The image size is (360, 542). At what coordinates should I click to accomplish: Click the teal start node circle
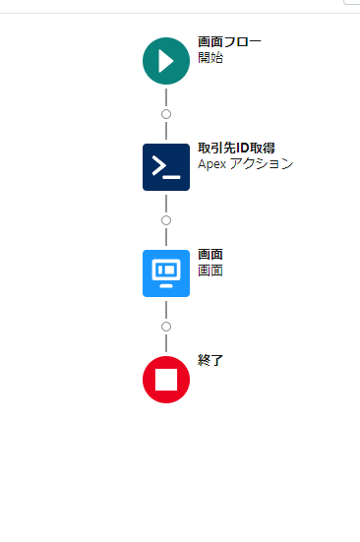[x=165, y=61]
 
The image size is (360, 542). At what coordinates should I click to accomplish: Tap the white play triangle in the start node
[x=166, y=61]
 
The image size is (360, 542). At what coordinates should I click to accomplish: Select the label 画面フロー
[x=229, y=42]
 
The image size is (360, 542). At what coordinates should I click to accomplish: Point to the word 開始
[x=210, y=58]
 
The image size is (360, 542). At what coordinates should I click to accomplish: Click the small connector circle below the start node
[x=165, y=114]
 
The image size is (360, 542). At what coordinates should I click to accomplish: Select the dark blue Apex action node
[x=165, y=167]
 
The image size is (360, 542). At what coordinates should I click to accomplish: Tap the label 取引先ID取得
[x=236, y=149]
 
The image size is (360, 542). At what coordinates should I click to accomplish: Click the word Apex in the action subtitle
[x=212, y=164]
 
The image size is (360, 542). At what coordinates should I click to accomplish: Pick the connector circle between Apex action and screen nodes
[x=165, y=220]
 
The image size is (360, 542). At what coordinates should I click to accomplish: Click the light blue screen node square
[x=165, y=273]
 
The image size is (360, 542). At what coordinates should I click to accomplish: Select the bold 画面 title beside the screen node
[x=210, y=255]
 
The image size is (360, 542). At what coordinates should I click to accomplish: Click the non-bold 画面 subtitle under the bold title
[x=210, y=271]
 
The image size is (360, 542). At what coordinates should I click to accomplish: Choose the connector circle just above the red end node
[x=165, y=327]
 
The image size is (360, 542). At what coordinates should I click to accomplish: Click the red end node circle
[x=165, y=380]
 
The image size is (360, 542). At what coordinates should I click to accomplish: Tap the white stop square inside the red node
[x=165, y=380]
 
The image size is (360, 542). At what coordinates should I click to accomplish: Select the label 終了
[x=210, y=361]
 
